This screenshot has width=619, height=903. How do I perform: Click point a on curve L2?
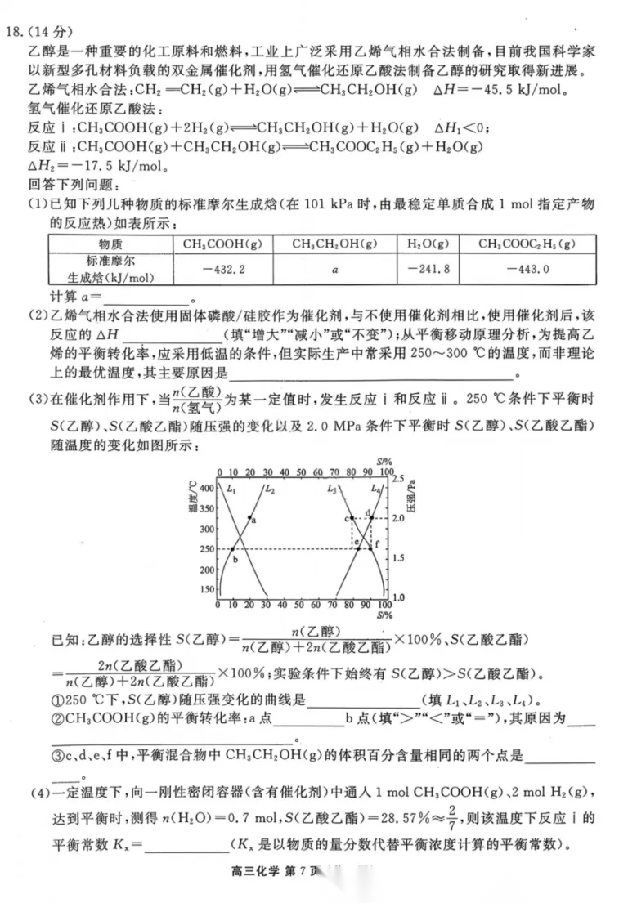[249, 517]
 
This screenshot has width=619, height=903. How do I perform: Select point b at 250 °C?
[233, 549]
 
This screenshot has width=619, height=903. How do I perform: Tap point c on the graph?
[351, 518]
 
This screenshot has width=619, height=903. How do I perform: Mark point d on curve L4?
[370, 517]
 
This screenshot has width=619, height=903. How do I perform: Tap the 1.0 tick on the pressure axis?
[398, 597]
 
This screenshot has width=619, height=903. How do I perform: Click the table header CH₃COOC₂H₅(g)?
[526, 244]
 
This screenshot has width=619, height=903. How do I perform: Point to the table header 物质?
[110, 244]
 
